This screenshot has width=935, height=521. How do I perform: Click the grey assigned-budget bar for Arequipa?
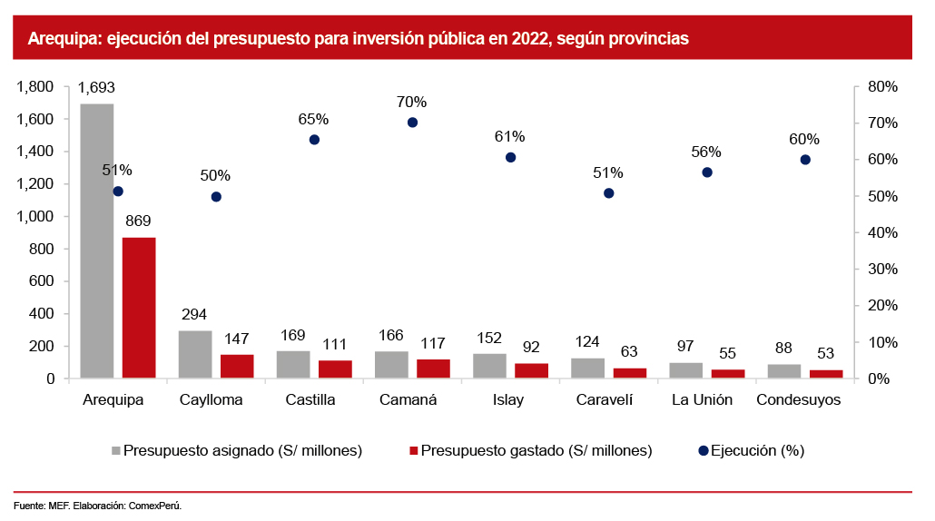[97, 241]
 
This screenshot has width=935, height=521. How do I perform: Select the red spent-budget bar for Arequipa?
[139, 308]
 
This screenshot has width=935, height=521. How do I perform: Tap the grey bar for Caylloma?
[195, 354]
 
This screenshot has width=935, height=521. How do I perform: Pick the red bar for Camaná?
[433, 369]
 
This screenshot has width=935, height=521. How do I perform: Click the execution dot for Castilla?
[314, 140]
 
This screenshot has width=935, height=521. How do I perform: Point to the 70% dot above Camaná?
[412, 122]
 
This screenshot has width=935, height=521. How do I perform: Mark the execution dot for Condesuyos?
[804, 160]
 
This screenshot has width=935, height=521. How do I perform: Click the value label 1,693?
[96, 88]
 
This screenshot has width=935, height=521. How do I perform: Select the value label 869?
[138, 221]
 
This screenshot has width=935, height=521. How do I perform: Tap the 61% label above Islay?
[510, 136]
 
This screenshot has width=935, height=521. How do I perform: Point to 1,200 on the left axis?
[35, 184]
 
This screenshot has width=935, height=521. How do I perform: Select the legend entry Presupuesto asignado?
[242, 450]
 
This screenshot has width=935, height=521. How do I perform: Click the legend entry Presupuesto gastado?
[536, 450]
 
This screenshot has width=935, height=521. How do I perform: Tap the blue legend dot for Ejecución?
[704, 450]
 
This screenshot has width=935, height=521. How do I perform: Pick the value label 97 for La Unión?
[685, 346]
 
